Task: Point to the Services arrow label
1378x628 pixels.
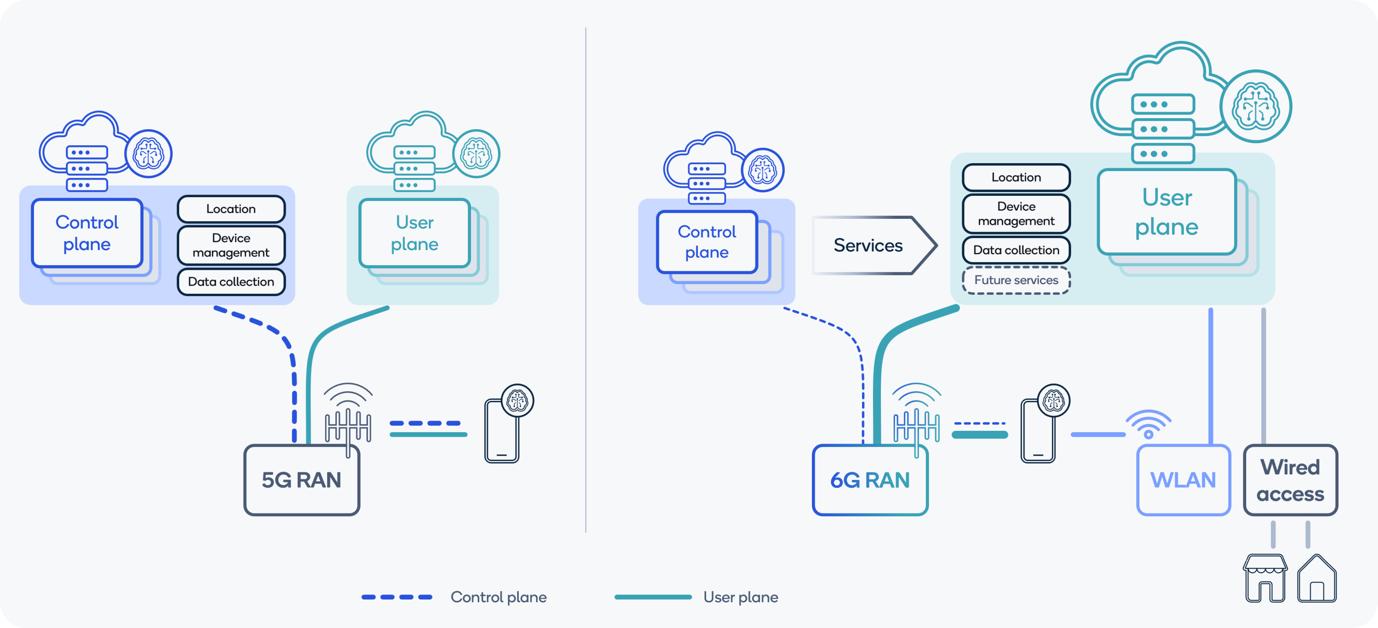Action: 868,245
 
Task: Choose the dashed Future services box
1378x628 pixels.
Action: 1015,280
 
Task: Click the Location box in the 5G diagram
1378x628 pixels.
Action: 231,209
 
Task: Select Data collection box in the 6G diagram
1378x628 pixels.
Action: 1015,250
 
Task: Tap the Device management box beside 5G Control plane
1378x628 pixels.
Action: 231,245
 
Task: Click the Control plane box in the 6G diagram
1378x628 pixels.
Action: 706,242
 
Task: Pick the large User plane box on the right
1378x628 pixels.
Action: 1166,212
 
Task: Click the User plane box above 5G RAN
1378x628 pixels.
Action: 414,233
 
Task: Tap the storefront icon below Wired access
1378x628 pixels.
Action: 1265,578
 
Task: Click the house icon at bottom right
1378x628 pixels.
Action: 1316,579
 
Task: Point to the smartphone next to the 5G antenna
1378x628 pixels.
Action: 501,431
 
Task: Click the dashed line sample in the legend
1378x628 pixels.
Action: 397,597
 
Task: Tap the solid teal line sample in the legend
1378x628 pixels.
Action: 652,597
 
